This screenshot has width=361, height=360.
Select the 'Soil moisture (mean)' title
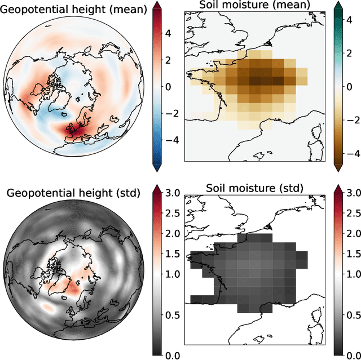tap(254, 5)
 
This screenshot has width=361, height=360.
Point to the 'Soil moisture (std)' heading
tap(254, 188)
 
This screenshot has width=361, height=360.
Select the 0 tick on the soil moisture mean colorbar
tap(350, 87)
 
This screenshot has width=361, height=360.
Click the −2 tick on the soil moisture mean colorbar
tap(353, 120)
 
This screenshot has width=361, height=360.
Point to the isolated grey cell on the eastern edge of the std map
tap(302, 257)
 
